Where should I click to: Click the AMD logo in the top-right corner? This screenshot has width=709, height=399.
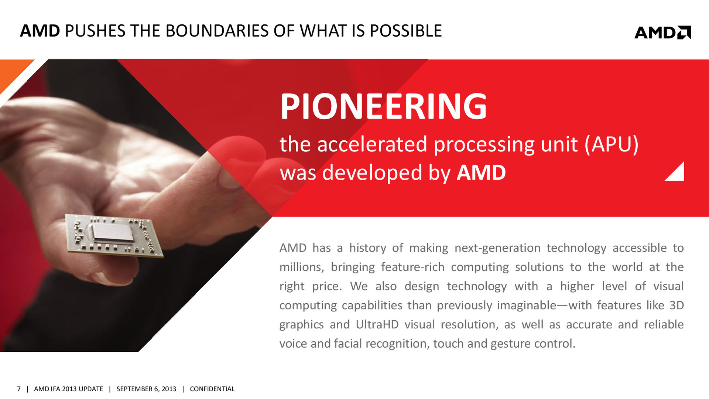(x=662, y=33)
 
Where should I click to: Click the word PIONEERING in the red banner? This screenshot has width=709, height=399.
(x=384, y=106)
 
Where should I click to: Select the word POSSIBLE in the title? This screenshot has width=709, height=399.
(x=406, y=31)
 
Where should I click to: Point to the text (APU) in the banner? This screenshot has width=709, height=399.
(x=612, y=144)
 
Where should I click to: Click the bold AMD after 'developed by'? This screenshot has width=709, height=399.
(x=481, y=173)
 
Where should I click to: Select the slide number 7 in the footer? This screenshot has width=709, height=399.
(x=19, y=389)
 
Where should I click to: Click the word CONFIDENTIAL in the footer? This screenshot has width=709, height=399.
(x=212, y=389)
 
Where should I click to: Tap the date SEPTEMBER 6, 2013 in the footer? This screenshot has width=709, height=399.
(x=146, y=389)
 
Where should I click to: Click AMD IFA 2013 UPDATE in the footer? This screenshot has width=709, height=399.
(x=68, y=389)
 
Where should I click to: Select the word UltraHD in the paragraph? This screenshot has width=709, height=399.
(x=377, y=324)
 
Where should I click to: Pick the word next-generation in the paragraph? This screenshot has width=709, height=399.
(x=497, y=248)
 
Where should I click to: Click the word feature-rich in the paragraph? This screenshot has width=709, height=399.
(x=413, y=267)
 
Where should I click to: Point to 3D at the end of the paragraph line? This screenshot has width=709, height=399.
(x=677, y=306)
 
